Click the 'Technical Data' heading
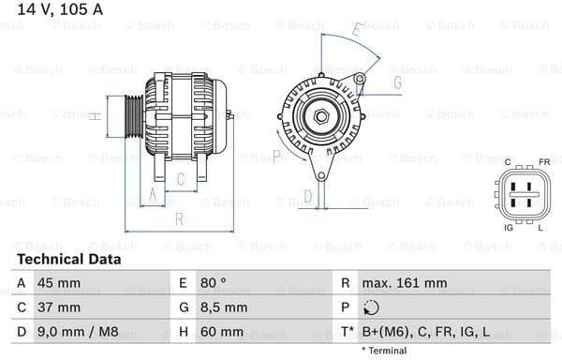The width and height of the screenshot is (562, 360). [68, 259]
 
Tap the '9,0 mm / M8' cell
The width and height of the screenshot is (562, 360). [78, 332]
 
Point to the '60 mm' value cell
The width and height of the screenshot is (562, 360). [221, 332]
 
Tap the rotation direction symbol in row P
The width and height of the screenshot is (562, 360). [373, 307]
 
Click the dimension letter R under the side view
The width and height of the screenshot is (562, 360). [178, 219]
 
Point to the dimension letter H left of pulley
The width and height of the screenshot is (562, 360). [95, 116]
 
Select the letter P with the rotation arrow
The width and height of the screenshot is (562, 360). [277, 156]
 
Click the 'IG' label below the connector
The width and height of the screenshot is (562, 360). [509, 228]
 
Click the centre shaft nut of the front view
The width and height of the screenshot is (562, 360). [320, 115]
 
